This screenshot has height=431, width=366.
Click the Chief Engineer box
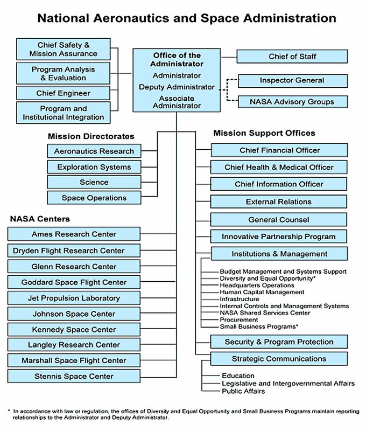[64, 93]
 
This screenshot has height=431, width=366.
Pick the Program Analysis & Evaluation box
[64, 73]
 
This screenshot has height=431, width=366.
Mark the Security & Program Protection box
[279, 342]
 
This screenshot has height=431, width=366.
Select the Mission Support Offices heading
[264, 133]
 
